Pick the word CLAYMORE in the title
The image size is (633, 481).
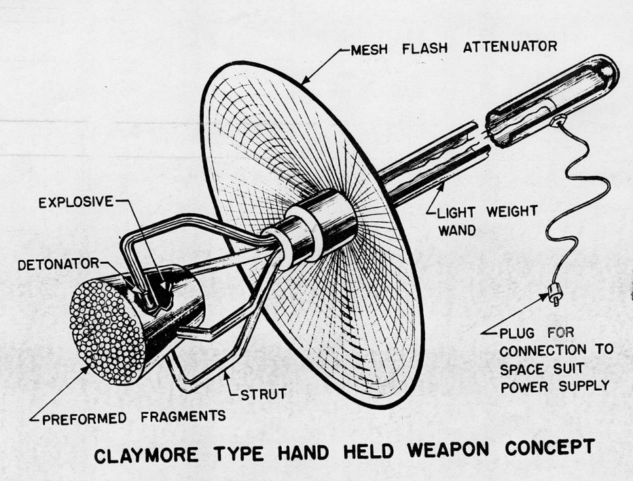tap(136, 454)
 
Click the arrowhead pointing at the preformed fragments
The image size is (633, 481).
tap(87, 367)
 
